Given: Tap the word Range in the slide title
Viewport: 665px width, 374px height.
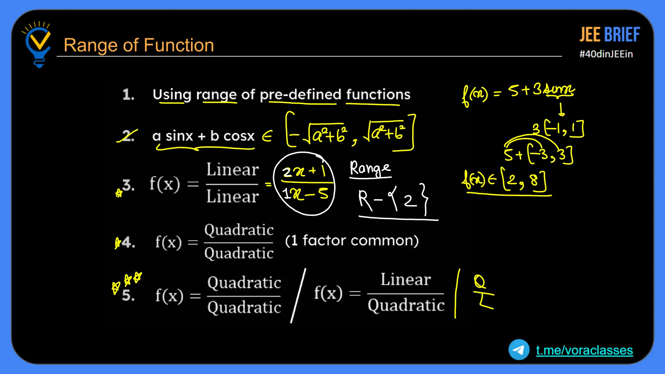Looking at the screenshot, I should point(90,45).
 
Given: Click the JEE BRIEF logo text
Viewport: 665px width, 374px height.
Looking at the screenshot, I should point(609,35).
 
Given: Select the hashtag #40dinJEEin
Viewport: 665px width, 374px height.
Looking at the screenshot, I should point(606,54).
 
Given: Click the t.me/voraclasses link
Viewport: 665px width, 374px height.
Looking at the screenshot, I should point(584,350).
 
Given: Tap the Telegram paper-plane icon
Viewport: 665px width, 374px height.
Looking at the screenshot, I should point(519,350).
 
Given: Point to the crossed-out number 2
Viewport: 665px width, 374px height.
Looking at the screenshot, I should point(127,136).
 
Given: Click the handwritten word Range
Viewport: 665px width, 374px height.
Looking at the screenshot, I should point(370,168).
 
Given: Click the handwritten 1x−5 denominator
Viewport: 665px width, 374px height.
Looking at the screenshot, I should point(305,194).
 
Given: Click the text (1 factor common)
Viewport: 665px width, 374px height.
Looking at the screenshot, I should point(352,241).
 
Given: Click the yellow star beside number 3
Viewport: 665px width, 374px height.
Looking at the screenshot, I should point(119,193).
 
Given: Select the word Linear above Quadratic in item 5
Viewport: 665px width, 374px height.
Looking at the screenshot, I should point(406,280).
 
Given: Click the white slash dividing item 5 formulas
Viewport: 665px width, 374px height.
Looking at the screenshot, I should point(298,295).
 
